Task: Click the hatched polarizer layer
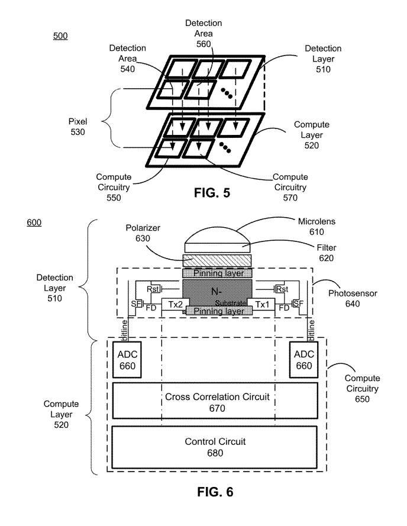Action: click(x=217, y=260)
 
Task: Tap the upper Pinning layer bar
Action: click(x=217, y=273)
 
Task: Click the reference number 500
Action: click(x=60, y=36)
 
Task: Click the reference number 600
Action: click(x=35, y=223)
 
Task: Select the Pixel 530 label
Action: click(x=77, y=127)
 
